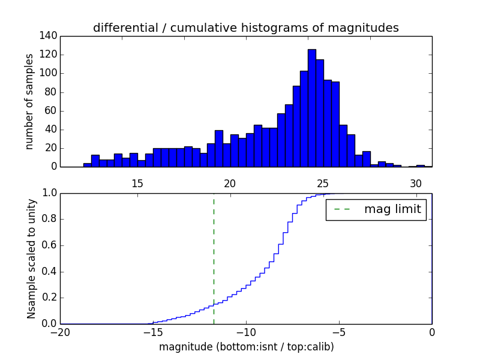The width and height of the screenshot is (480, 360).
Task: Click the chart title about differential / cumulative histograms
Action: click(x=246, y=28)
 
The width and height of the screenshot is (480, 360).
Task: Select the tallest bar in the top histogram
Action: click(x=312, y=108)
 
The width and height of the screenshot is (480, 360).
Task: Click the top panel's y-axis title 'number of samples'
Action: click(x=29, y=101)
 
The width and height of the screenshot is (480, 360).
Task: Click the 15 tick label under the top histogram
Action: click(x=137, y=184)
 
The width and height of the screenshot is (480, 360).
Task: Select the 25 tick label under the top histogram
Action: click(x=323, y=184)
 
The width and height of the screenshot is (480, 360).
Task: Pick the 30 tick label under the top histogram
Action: click(x=415, y=184)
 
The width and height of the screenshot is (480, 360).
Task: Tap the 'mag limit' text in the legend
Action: click(x=392, y=209)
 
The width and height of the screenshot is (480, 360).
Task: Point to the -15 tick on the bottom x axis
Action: click(x=153, y=332)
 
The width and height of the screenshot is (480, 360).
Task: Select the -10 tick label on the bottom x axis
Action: click(x=246, y=332)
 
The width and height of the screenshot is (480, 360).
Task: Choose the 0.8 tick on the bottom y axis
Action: click(x=49, y=219)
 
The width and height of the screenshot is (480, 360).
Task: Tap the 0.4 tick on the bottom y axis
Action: click(x=49, y=271)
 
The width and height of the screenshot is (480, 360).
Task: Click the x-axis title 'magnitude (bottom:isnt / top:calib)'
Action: click(x=246, y=347)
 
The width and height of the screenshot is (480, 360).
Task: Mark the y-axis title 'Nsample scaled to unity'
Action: click(x=31, y=258)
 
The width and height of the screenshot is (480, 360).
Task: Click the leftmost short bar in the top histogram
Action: click(x=88, y=165)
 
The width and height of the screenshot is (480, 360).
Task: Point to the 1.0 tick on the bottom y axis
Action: click(x=49, y=193)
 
